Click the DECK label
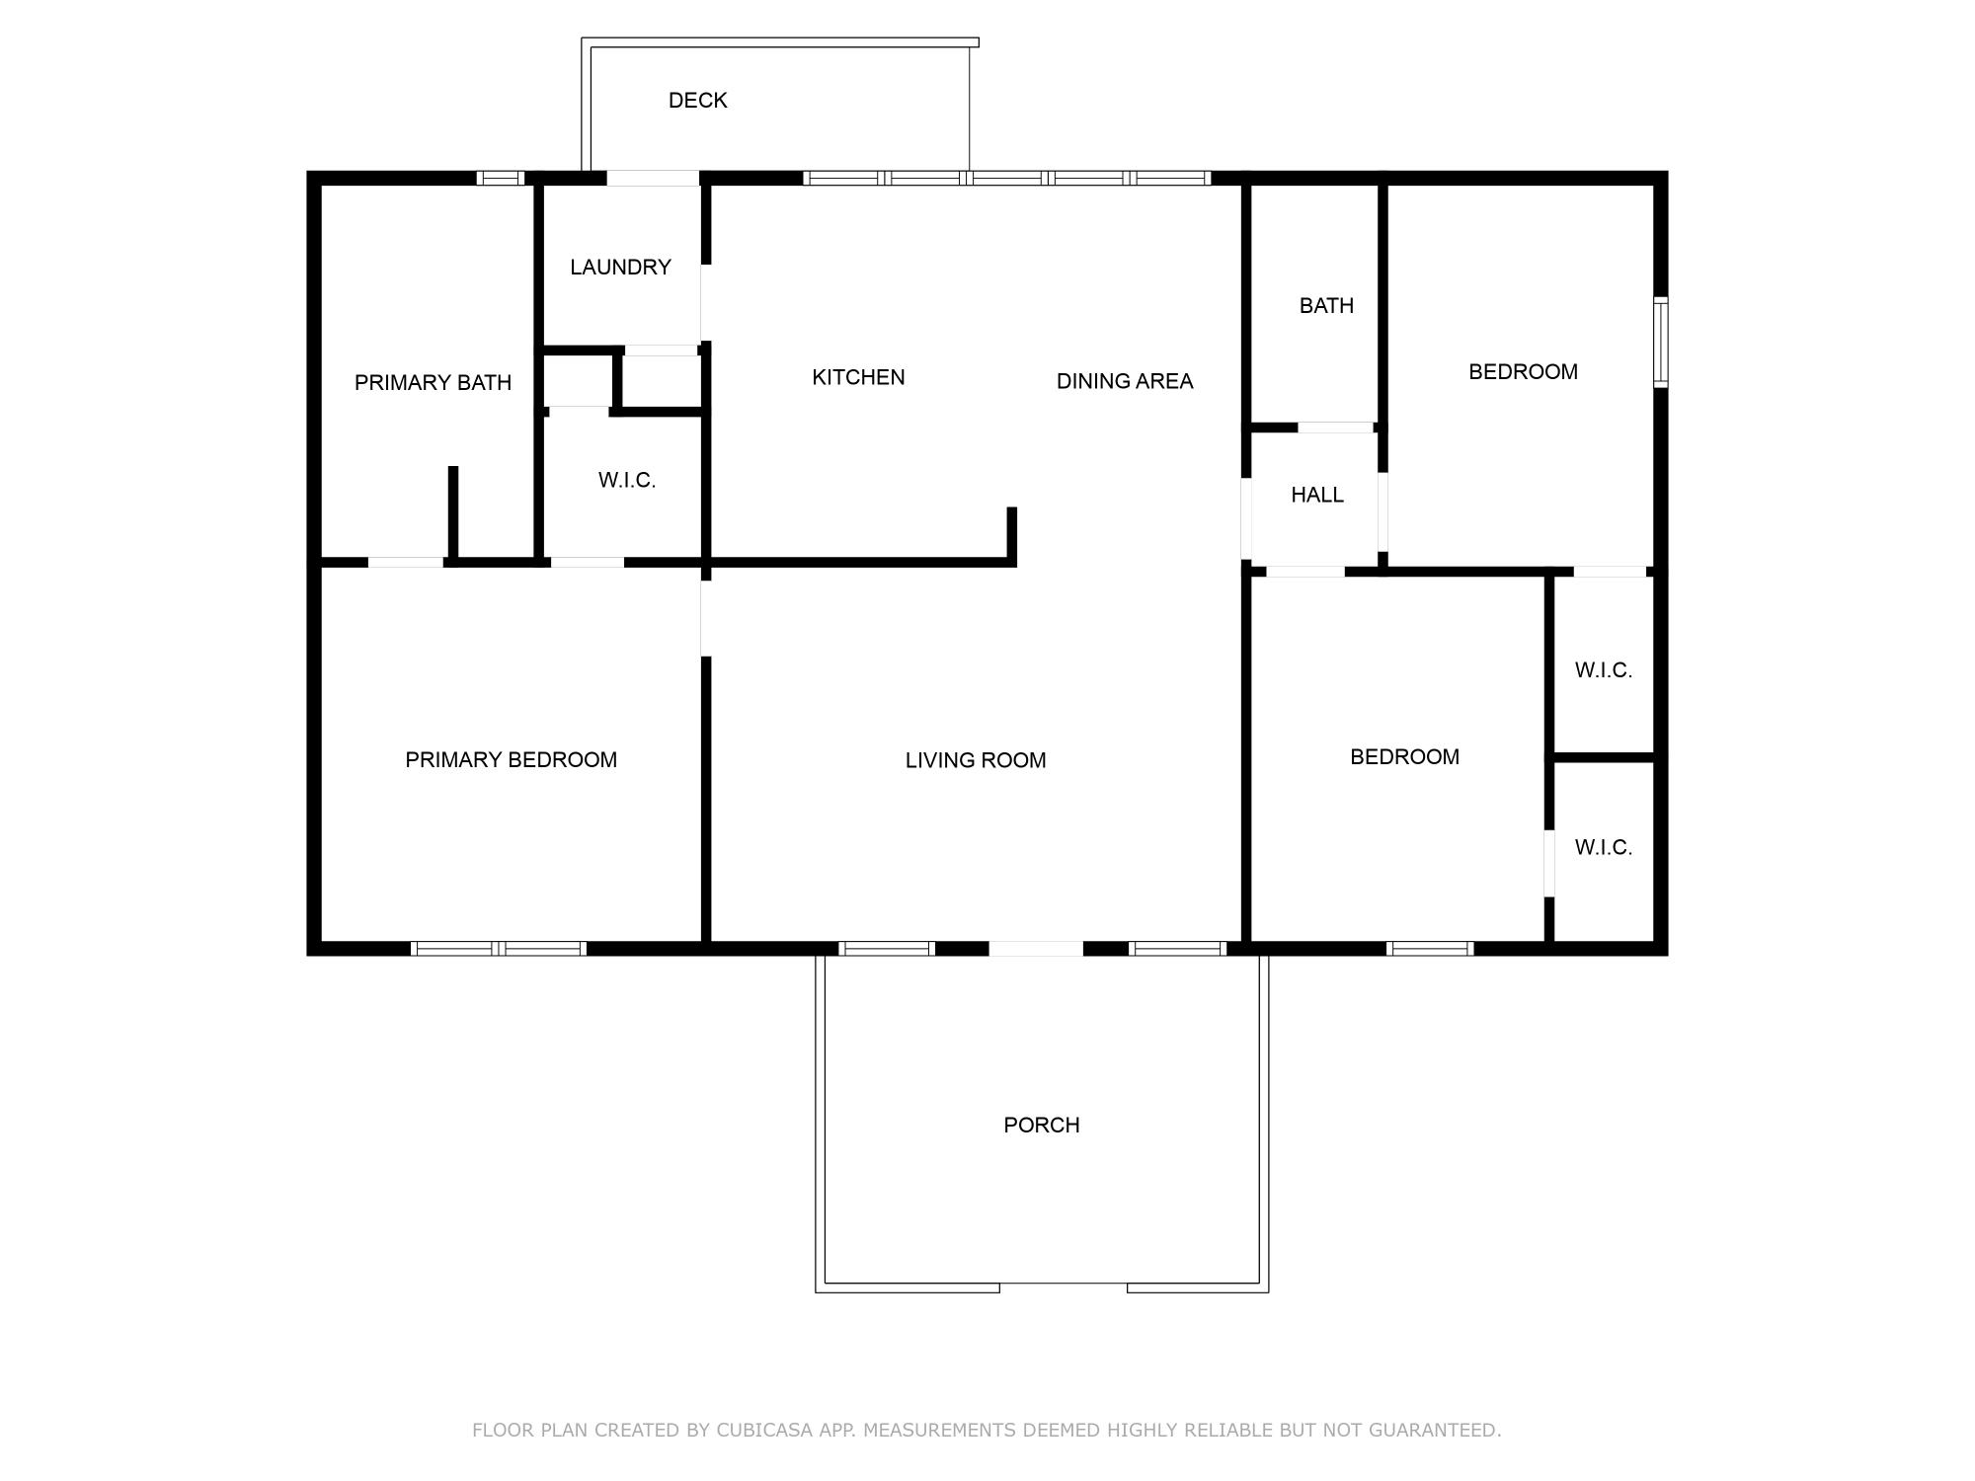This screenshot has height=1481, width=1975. tap(697, 101)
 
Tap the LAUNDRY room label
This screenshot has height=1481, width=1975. tap(620, 268)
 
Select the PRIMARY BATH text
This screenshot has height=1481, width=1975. tap(433, 383)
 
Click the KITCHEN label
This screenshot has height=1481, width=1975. tap(858, 377)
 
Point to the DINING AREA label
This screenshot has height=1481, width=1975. tap(1125, 381)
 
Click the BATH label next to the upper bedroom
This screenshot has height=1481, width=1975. tap(1326, 306)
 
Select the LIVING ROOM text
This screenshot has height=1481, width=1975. tap(976, 760)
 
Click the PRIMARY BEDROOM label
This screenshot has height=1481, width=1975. tap(511, 760)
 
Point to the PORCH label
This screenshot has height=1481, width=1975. tap(1041, 1126)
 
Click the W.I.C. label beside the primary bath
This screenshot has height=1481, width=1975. tap(626, 481)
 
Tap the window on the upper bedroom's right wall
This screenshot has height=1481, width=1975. tap(1661, 342)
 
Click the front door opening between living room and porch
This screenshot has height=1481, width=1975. tap(1036, 949)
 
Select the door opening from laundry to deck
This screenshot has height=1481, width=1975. tap(653, 179)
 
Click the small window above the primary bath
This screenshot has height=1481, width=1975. tap(501, 179)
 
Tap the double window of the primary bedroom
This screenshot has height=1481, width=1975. tap(499, 949)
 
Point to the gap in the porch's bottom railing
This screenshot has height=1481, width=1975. tap(1064, 1286)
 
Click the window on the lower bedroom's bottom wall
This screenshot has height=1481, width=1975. tap(1430, 949)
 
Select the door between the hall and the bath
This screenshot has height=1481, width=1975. tap(1336, 428)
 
